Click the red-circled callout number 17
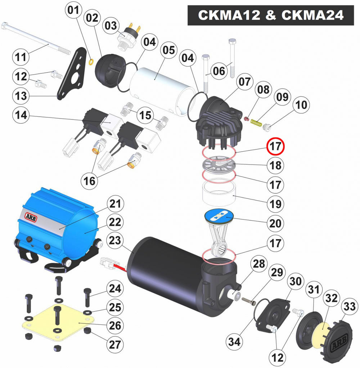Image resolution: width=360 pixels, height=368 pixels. click(x=275, y=146)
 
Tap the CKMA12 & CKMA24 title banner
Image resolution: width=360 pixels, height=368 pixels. click(x=271, y=15)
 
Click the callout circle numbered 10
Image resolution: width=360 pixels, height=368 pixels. click(x=301, y=105)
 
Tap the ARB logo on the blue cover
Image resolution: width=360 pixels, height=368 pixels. click(x=31, y=217)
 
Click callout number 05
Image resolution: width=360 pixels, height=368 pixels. click(x=169, y=50)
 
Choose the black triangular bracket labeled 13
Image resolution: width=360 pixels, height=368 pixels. click(x=72, y=73)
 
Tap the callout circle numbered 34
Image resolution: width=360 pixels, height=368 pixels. click(x=234, y=342)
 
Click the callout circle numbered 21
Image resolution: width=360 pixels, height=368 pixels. click(x=115, y=204)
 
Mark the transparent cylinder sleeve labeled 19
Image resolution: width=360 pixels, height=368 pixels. click(x=219, y=194)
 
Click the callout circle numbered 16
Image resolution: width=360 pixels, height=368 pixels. click(x=89, y=181)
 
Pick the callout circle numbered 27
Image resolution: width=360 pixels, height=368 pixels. click(x=115, y=345)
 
